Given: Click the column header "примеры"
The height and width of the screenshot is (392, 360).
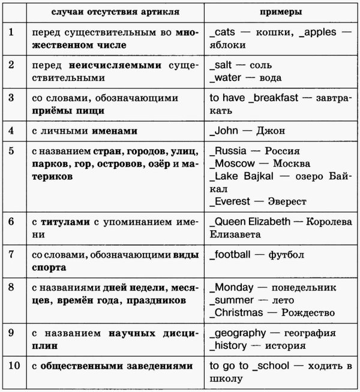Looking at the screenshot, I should tap(281, 12).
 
